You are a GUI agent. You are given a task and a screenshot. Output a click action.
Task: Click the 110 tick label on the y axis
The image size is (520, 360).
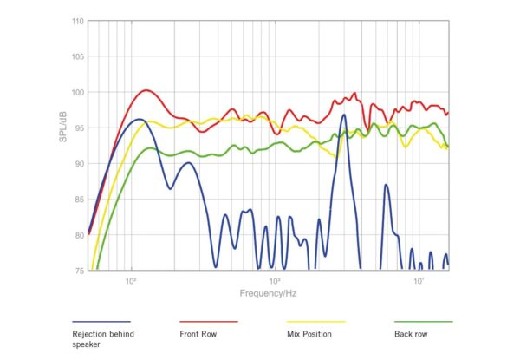click(x=77, y=21)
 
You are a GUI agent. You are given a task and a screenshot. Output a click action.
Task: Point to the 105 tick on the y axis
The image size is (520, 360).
click(x=77, y=56)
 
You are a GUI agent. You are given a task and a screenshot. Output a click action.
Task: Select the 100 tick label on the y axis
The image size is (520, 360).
click(x=77, y=92)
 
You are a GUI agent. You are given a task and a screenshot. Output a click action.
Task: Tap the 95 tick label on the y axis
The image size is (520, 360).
click(x=79, y=128)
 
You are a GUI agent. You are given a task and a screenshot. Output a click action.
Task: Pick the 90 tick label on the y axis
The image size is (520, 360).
click(x=79, y=163)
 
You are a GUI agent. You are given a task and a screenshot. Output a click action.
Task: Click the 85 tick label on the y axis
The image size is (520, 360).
click(x=79, y=199)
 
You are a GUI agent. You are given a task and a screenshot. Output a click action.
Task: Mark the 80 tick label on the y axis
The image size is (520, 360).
click(x=79, y=234)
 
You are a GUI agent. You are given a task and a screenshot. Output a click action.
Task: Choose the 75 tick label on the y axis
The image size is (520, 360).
click(x=79, y=270)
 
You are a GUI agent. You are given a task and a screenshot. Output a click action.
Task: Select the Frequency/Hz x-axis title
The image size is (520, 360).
click(x=268, y=293)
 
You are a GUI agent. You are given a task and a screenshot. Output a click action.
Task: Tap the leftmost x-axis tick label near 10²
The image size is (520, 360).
click(x=131, y=280)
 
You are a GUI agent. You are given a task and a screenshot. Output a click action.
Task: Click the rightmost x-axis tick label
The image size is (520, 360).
click(x=419, y=280)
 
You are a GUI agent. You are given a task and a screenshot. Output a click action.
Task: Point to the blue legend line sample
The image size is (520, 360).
click(x=101, y=321)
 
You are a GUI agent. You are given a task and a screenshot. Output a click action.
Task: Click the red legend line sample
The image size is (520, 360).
click(x=208, y=321)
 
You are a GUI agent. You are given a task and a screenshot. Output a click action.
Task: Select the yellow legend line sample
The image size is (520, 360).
click(x=315, y=321)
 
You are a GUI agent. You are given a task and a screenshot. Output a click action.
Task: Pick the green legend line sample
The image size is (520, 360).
click(x=423, y=321)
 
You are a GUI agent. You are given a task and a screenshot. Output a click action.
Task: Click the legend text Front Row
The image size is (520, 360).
click(x=198, y=333)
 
